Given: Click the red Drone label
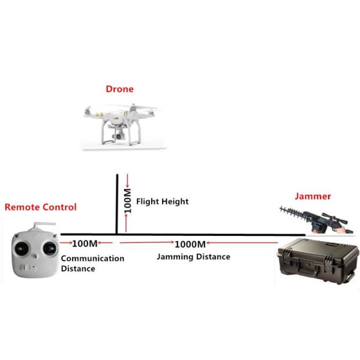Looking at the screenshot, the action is [x=119, y=89].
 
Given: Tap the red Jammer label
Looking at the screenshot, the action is [x=313, y=196].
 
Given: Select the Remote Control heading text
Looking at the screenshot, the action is [x=41, y=207].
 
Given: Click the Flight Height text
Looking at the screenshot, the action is [x=163, y=202].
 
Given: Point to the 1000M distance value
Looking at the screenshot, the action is [x=190, y=244].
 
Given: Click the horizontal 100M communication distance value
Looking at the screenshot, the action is [x=85, y=244].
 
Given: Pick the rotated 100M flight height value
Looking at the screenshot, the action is [x=127, y=201].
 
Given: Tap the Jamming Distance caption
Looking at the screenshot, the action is [x=193, y=257].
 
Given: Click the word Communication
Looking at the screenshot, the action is [x=92, y=259].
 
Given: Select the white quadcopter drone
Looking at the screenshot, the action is [x=121, y=124].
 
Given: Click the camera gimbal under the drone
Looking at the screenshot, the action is [x=118, y=134].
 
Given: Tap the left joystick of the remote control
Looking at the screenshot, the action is [x=22, y=248].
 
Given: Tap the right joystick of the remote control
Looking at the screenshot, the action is [x=50, y=248].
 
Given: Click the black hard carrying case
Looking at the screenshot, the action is [x=318, y=261].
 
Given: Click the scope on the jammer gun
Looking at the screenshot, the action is [x=334, y=218].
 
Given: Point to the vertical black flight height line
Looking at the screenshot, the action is [x=117, y=204].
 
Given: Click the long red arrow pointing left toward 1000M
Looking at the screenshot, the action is [x=242, y=242].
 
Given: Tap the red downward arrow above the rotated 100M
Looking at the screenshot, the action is [x=128, y=181].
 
